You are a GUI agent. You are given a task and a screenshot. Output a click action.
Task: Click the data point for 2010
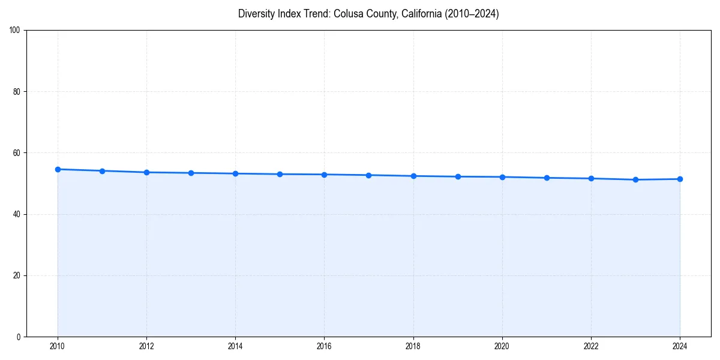coord(58,169)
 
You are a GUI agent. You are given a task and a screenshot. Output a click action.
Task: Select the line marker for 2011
coord(102,171)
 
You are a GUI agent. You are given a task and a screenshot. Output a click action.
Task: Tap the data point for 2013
coord(191,173)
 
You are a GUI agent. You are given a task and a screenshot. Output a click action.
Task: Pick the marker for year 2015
coord(280,174)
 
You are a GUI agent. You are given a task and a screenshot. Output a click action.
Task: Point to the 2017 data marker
coord(368,175)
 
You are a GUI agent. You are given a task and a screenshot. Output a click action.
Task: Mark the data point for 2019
coord(458,176)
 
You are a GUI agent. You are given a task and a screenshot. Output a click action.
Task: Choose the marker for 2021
coord(547,178)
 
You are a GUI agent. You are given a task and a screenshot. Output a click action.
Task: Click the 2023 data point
coord(635,179)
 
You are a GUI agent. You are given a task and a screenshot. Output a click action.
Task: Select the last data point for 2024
coord(680,179)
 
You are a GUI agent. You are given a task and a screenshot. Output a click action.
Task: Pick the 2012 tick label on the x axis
coord(146,346)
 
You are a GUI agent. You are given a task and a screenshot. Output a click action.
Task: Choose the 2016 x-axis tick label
coord(324,346)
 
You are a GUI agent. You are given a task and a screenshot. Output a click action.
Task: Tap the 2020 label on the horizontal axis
coord(502,346)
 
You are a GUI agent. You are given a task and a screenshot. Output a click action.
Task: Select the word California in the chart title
coord(422,14)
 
